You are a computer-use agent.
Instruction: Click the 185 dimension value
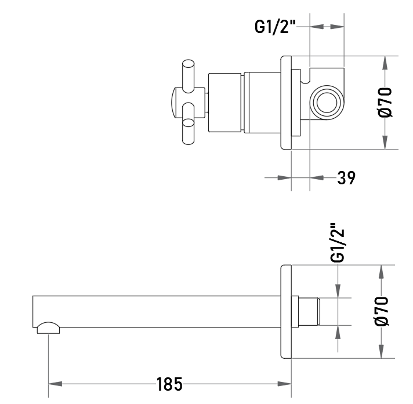point(169,384)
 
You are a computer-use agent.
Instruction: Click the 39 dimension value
point(346,177)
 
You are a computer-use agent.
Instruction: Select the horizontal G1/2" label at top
point(275,27)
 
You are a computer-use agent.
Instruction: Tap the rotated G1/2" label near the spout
point(338,243)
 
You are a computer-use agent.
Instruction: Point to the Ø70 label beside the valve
point(385,102)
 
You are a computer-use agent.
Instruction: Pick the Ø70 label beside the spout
point(382,311)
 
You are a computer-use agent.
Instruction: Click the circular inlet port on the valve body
point(327,103)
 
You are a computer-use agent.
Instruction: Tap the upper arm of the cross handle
point(188,77)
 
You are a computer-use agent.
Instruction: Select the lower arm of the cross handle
point(188,123)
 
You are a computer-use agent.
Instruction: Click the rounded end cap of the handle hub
point(173,103)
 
